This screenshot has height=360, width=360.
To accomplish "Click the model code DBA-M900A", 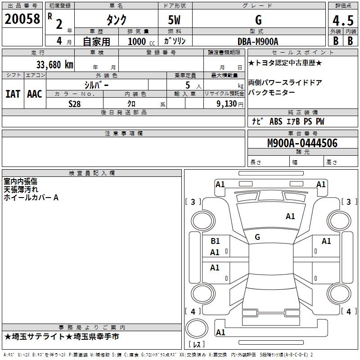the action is pyautogui.click(x=258, y=41).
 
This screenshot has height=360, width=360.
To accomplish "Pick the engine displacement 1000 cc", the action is pyautogui.click(x=140, y=41).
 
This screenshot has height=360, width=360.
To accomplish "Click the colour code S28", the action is pyautogui.click(x=75, y=103).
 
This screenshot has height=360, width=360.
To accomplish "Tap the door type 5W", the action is pyautogui.click(x=175, y=21).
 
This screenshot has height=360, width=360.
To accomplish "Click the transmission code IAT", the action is pyautogui.click(x=13, y=94).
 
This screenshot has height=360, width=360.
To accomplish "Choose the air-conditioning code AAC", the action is pyautogui.click(x=35, y=94).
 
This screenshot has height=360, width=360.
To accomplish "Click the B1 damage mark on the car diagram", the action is pyautogui.click(x=215, y=241).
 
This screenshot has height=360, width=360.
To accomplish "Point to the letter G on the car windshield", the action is pyautogui.click(x=257, y=237).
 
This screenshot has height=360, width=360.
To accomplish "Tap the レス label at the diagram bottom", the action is pyautogui.click(x=198, y=345).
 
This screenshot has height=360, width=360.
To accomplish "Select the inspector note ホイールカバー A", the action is pyautogui.click(x=31, y=197).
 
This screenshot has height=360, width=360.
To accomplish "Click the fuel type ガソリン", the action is pyautogui.click(x=175, y=41).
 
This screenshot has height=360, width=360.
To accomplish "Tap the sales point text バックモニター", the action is pyautogui.click(x=272, y=92).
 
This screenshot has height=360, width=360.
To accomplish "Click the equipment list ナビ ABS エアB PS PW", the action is pyautogui.click(x=288, y=121).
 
